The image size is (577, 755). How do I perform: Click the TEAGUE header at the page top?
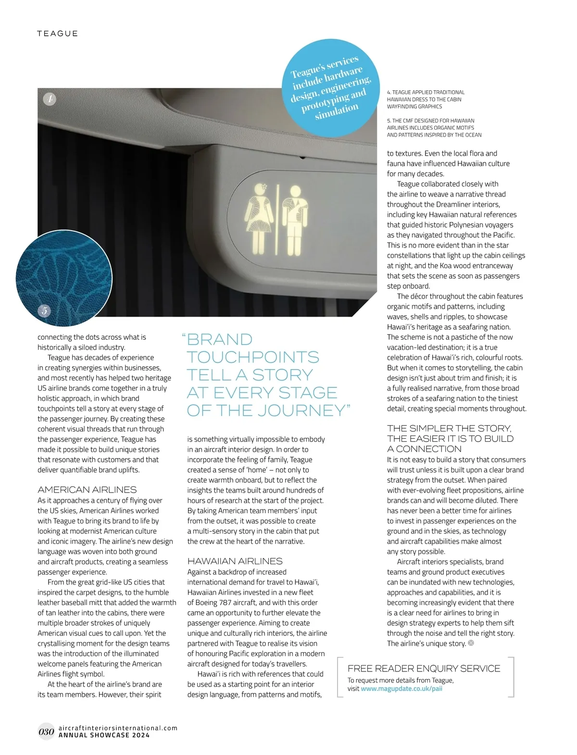pyautogui.click(x=57, y=34)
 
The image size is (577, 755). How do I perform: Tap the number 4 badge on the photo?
pyautogui.click(x=50, y=99)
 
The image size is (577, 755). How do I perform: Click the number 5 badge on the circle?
pyautogui.click(x=44, y=310)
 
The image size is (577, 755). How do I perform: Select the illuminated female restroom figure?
pyautogui.click(x=260, y=219)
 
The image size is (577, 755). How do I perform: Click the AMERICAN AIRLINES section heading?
pyautogui.click(x=87, y=490)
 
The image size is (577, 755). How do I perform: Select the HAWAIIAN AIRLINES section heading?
pyautogui.click(x=235, y=561)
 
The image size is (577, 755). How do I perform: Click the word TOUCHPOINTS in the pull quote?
pyautogui.click(x=253, y=357)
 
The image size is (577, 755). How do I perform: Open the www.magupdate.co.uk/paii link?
pyautogui.click(x=401, y=689)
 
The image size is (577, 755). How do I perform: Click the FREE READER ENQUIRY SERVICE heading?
pyautogui.click(x=424, y=668)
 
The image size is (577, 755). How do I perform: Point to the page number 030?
pyautogui.click(x=46, y=732)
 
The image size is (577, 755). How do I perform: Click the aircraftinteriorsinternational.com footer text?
pyautogui.click(x=118, y=728)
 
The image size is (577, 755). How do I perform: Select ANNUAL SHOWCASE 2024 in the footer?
pyautogui.click(x=104, y=735)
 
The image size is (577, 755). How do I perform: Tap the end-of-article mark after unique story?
pyautogui.click(x=471, y=643)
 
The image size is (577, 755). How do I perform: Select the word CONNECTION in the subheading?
pyautogui.click(x=428, y=449)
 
